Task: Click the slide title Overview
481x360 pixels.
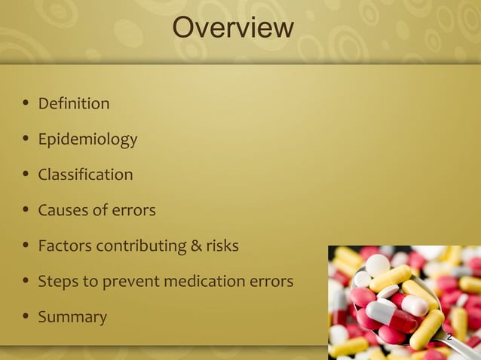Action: (x=232, y=28)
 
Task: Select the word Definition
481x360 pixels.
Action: (x=74, y=103)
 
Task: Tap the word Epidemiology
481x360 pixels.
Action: (x=87, y=139)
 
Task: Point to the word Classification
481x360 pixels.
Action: (x=85, y=175)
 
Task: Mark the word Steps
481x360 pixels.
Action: (x=58, y=282)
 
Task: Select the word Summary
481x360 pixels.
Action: (x=72, y=317)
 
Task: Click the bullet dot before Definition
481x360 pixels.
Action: (x=26, y=103)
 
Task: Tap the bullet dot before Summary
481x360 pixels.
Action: (x=26, y=317)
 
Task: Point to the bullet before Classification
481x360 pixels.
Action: (x=26, y=175)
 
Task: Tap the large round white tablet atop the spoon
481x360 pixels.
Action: (x=377, y=264)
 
